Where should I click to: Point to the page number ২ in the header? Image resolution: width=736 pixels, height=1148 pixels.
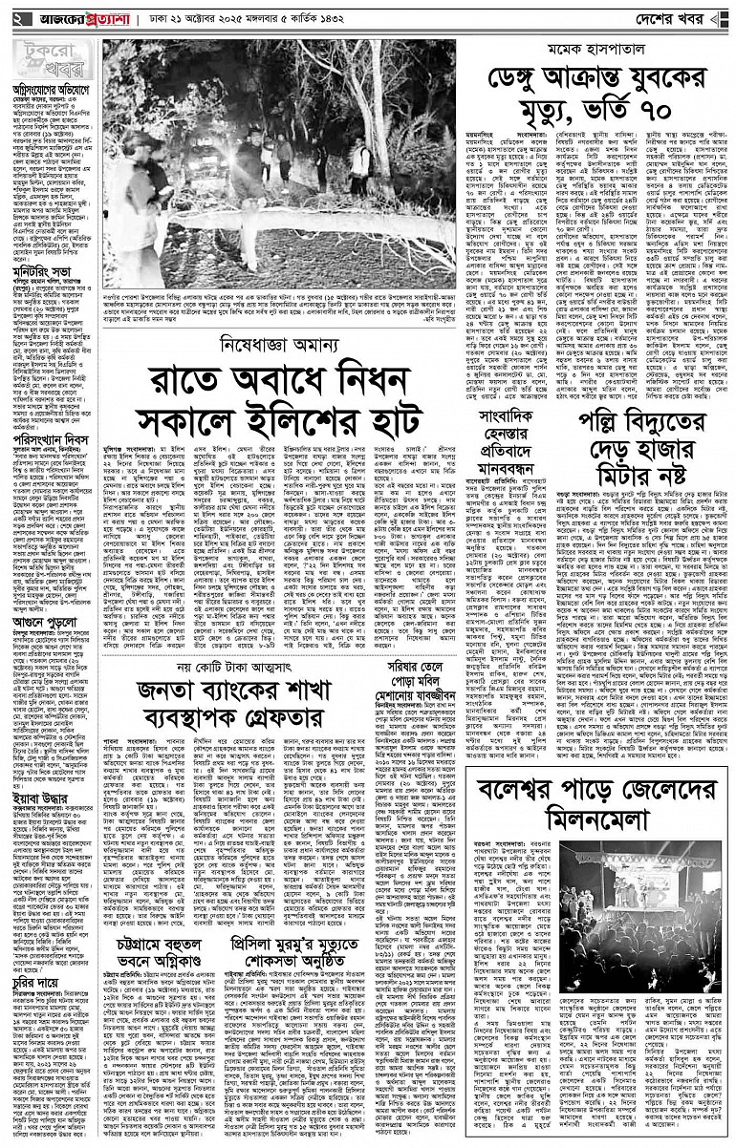[16, 20]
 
